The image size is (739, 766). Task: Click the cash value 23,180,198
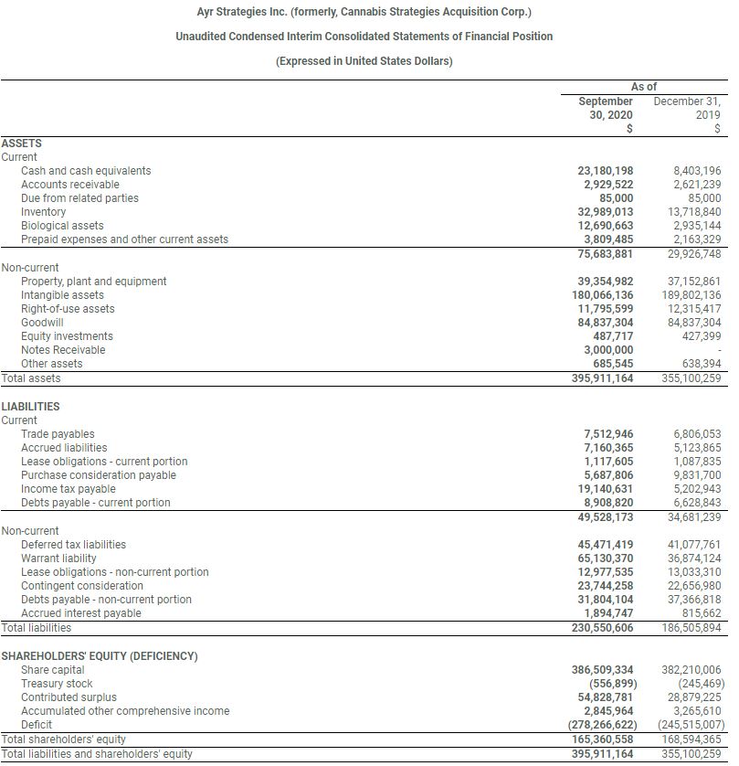tap(606, 171)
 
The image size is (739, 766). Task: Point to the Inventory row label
tap(44, 212)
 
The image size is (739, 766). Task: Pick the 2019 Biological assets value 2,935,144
tap(696, 226)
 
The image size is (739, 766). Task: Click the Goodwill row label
tap(42, 323)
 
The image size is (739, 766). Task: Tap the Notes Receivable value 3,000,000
tap(608, 350)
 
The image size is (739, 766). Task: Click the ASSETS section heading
tap(22, 144)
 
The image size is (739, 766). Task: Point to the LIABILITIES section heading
tap(31, 407)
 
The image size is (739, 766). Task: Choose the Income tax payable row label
tap(69, 489)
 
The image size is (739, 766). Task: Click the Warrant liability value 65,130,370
tap(606, 559)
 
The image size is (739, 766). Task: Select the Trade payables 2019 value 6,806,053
tap(696, 434)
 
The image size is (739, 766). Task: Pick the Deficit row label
tap(37, 725)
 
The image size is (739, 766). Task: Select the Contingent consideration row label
tap(82, 586)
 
